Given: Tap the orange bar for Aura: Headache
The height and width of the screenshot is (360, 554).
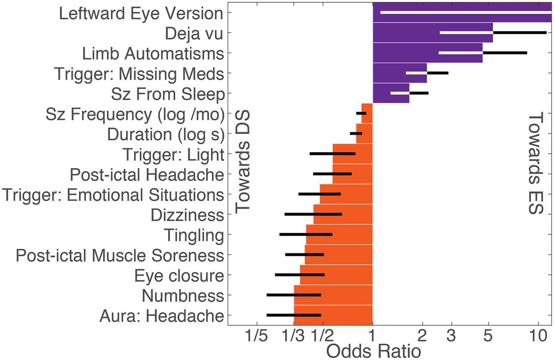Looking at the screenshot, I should [x=333, y=315].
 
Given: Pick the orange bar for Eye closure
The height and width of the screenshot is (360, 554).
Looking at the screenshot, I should [x=336, y=275].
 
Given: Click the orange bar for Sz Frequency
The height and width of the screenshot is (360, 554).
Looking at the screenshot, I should [x=367, y=113].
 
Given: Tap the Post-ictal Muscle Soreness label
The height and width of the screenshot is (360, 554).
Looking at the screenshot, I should [x=120, y=255].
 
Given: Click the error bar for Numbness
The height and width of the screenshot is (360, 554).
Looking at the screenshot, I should [x=294, y=295].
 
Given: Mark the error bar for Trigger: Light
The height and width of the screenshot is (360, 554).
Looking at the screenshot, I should [x=332, y=153].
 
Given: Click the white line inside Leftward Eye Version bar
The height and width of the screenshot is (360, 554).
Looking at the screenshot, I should [x=462, y=12].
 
